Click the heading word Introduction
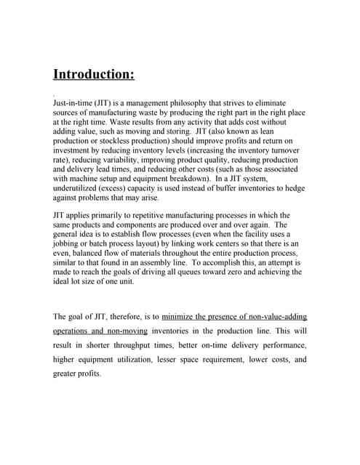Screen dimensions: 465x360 pyautogui.click(x=93, y=75)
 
